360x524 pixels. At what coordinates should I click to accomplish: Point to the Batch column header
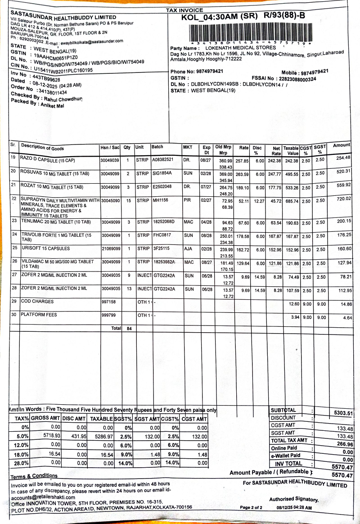157,147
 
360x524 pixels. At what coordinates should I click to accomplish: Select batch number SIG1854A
162,173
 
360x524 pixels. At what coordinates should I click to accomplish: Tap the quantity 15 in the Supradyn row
128,200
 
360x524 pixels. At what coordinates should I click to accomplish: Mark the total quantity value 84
129,329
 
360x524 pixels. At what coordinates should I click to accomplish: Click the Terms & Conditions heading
34,476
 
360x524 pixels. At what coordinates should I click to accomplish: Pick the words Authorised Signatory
293,499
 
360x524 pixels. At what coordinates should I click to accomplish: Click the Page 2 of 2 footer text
251,508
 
